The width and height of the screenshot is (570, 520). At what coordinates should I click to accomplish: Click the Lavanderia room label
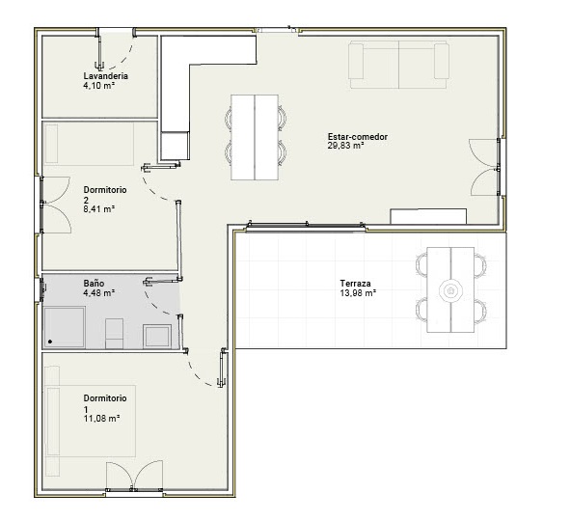coord(105,76)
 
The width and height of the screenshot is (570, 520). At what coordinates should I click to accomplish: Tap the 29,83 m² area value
coord(346,146)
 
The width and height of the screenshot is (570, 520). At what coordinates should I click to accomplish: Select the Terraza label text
coord(355,283)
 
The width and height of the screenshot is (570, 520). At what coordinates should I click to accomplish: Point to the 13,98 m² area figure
coord(358,292)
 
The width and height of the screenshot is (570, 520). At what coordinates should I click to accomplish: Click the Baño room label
coord(94,283)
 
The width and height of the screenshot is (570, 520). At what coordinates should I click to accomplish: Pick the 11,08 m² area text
coord(102,418)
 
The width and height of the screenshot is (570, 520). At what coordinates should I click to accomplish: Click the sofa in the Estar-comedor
coord(398,65)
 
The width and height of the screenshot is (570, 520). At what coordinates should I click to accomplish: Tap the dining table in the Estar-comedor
coord(255,137)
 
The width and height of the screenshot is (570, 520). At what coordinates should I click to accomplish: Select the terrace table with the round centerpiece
coord(450,289)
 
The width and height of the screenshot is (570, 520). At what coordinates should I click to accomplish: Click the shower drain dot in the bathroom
coord(50,342)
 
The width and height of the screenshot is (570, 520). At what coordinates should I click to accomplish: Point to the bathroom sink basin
coord(157,337)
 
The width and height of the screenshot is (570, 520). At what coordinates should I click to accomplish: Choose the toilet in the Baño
coord(114,334)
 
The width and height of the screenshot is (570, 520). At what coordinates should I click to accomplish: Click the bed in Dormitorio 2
coord(89,144)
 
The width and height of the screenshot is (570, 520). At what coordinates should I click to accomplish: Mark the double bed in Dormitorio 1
coord(90,421)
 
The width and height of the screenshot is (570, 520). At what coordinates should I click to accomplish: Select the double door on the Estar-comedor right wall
coord(484,167)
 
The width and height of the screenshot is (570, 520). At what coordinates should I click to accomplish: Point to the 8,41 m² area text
coord(99,209)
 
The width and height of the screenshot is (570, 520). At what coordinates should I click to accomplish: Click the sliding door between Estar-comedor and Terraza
coord(306,226)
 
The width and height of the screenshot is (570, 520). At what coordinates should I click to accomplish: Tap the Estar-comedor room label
coord(358,137)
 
